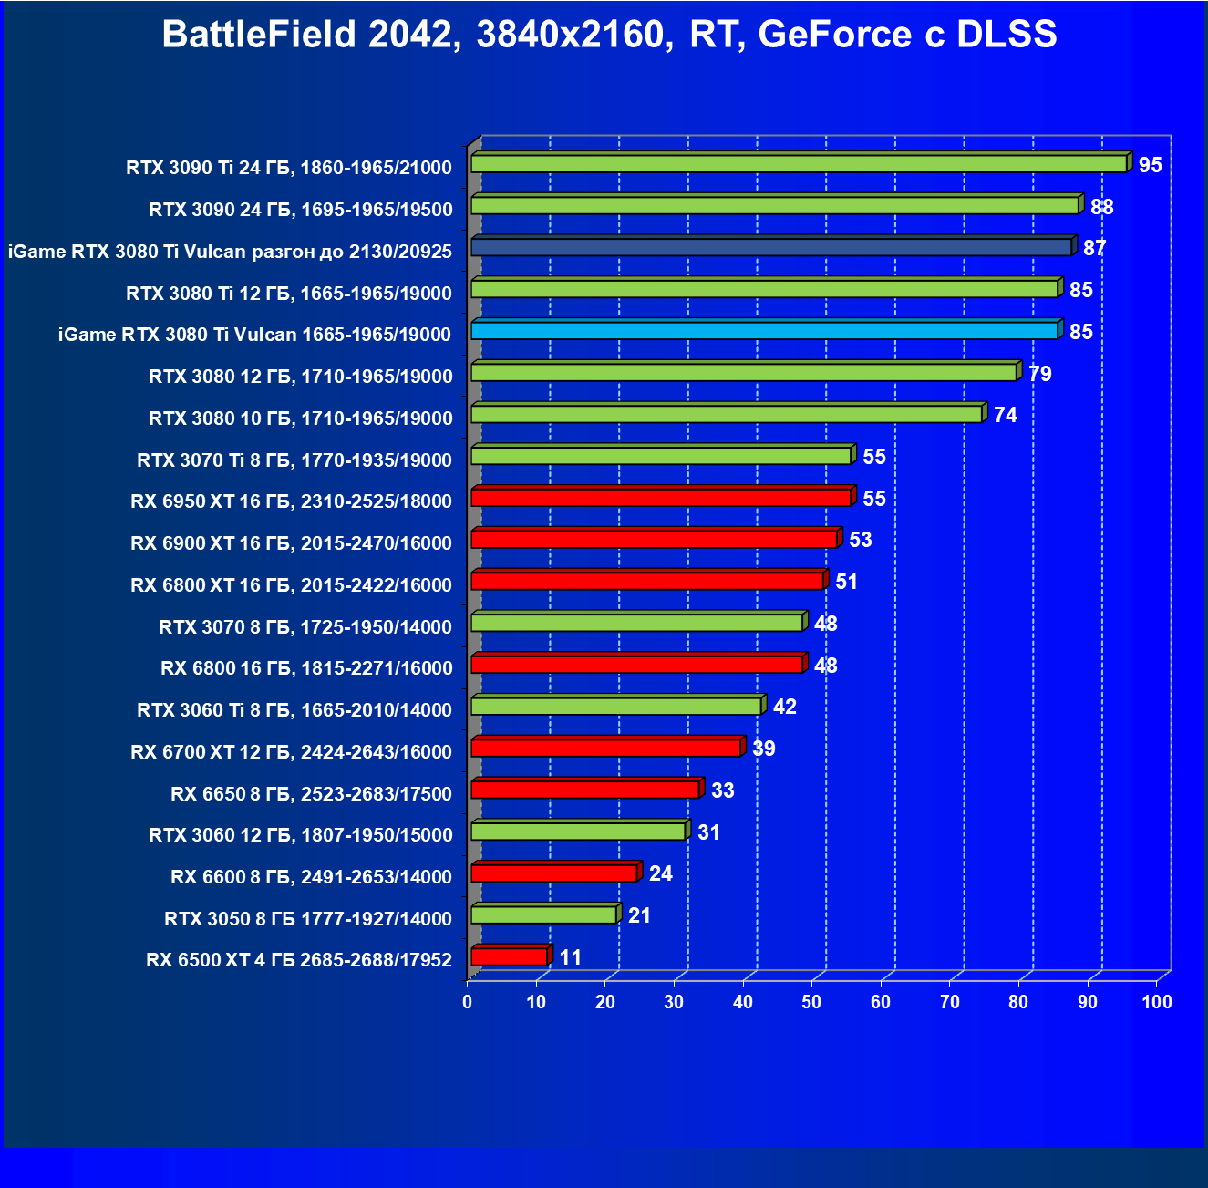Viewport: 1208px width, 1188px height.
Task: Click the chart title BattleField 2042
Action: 609,35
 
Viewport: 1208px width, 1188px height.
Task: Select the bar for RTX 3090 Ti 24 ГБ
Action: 799,164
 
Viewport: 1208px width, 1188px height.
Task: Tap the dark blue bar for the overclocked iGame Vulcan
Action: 771,247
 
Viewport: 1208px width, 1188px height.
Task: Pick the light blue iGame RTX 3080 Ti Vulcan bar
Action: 764,331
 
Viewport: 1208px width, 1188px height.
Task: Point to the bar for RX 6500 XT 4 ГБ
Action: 509,956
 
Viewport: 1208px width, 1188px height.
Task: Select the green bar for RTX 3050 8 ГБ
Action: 543,915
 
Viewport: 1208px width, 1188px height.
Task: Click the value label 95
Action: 1151,165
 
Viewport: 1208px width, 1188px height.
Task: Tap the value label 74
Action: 1005,415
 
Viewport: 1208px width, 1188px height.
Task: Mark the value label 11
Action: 571,957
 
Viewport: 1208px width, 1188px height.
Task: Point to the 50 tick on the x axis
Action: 811,1002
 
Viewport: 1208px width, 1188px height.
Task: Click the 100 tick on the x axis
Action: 1156,1002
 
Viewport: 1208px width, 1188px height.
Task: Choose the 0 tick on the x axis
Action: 468,1002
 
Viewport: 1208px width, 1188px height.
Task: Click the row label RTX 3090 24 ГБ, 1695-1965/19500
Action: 300,210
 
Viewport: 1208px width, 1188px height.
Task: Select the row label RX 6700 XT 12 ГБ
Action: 291,752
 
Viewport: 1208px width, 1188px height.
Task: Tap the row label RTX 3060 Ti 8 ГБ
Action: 294,710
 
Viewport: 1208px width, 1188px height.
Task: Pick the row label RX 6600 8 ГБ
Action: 311,877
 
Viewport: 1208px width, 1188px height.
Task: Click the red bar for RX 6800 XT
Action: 647,582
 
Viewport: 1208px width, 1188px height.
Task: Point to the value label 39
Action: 764,749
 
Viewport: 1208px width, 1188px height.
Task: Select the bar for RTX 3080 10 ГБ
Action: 726,415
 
